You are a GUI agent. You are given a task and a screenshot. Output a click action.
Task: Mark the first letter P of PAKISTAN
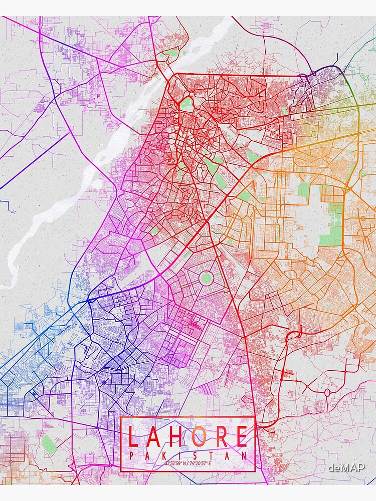click(x=131, y=455)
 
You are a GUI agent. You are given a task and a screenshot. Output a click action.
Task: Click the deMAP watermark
click(x=346, y=468)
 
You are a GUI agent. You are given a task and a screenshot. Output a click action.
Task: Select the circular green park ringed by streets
click(x=206, y=278)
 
